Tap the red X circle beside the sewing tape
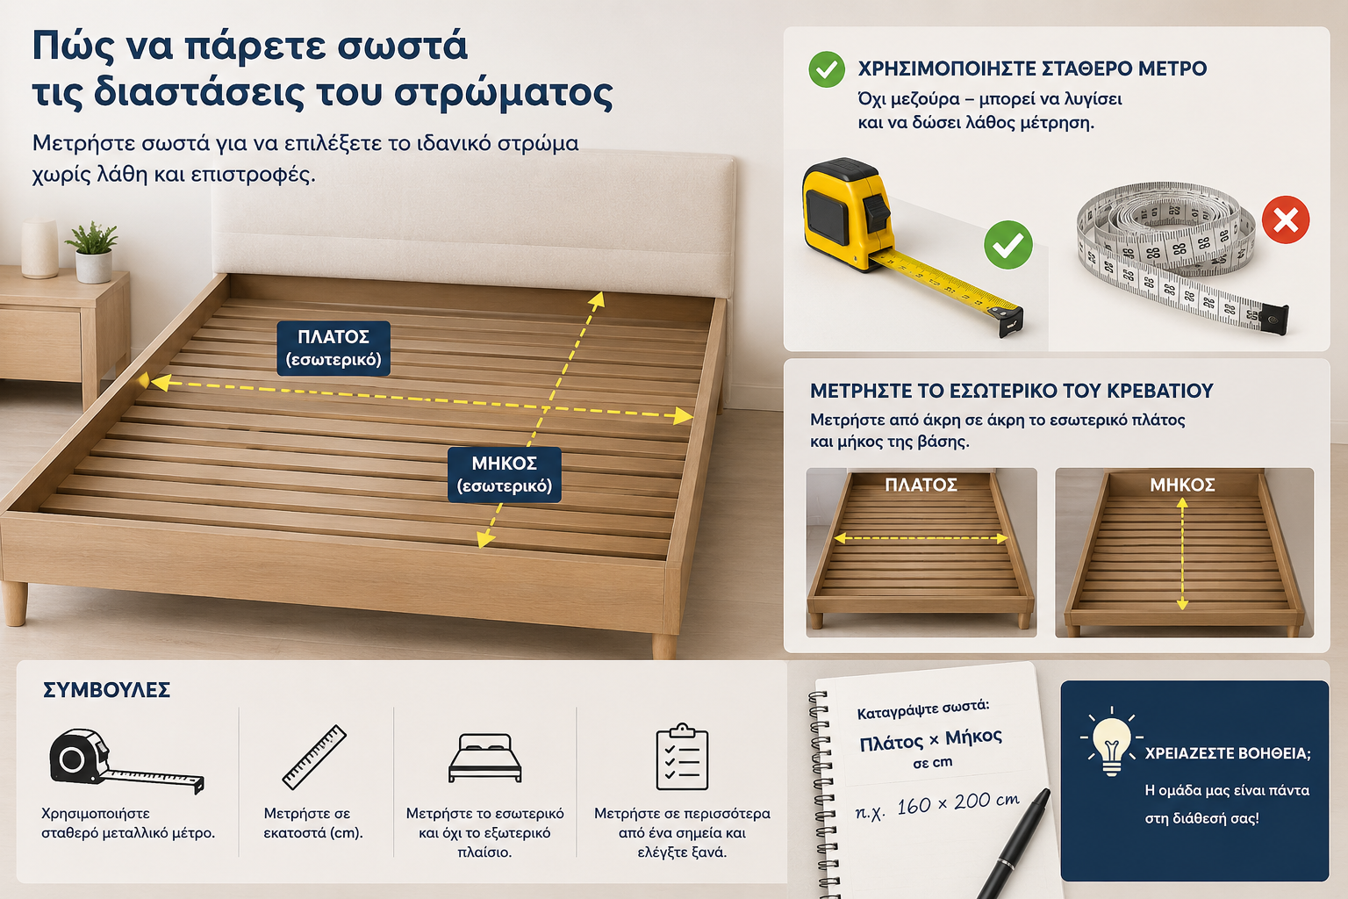[x=1286, y=219]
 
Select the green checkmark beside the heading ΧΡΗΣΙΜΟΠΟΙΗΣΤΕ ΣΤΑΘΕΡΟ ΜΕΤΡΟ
[x=826, y=69]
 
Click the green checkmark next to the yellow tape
[x=1008, y=244]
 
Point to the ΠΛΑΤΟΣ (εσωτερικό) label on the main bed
[x=333, y=348]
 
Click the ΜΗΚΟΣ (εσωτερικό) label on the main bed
[x=505, y=474]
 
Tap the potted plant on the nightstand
[x=93, y=252]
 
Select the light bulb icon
[x=1111, y=742]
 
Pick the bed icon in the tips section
[x=485, y=758]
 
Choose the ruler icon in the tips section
[x=314, y=757]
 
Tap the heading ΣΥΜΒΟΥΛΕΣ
[x=106, y=690]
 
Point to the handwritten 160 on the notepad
[x=914, y=806]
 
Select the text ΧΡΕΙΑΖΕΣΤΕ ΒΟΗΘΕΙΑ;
[x=1228, y=753]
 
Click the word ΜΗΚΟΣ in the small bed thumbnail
[x=1182, y=485]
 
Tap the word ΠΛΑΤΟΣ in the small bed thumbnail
[x=921, y=485]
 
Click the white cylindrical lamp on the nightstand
[x=39, y=248]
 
